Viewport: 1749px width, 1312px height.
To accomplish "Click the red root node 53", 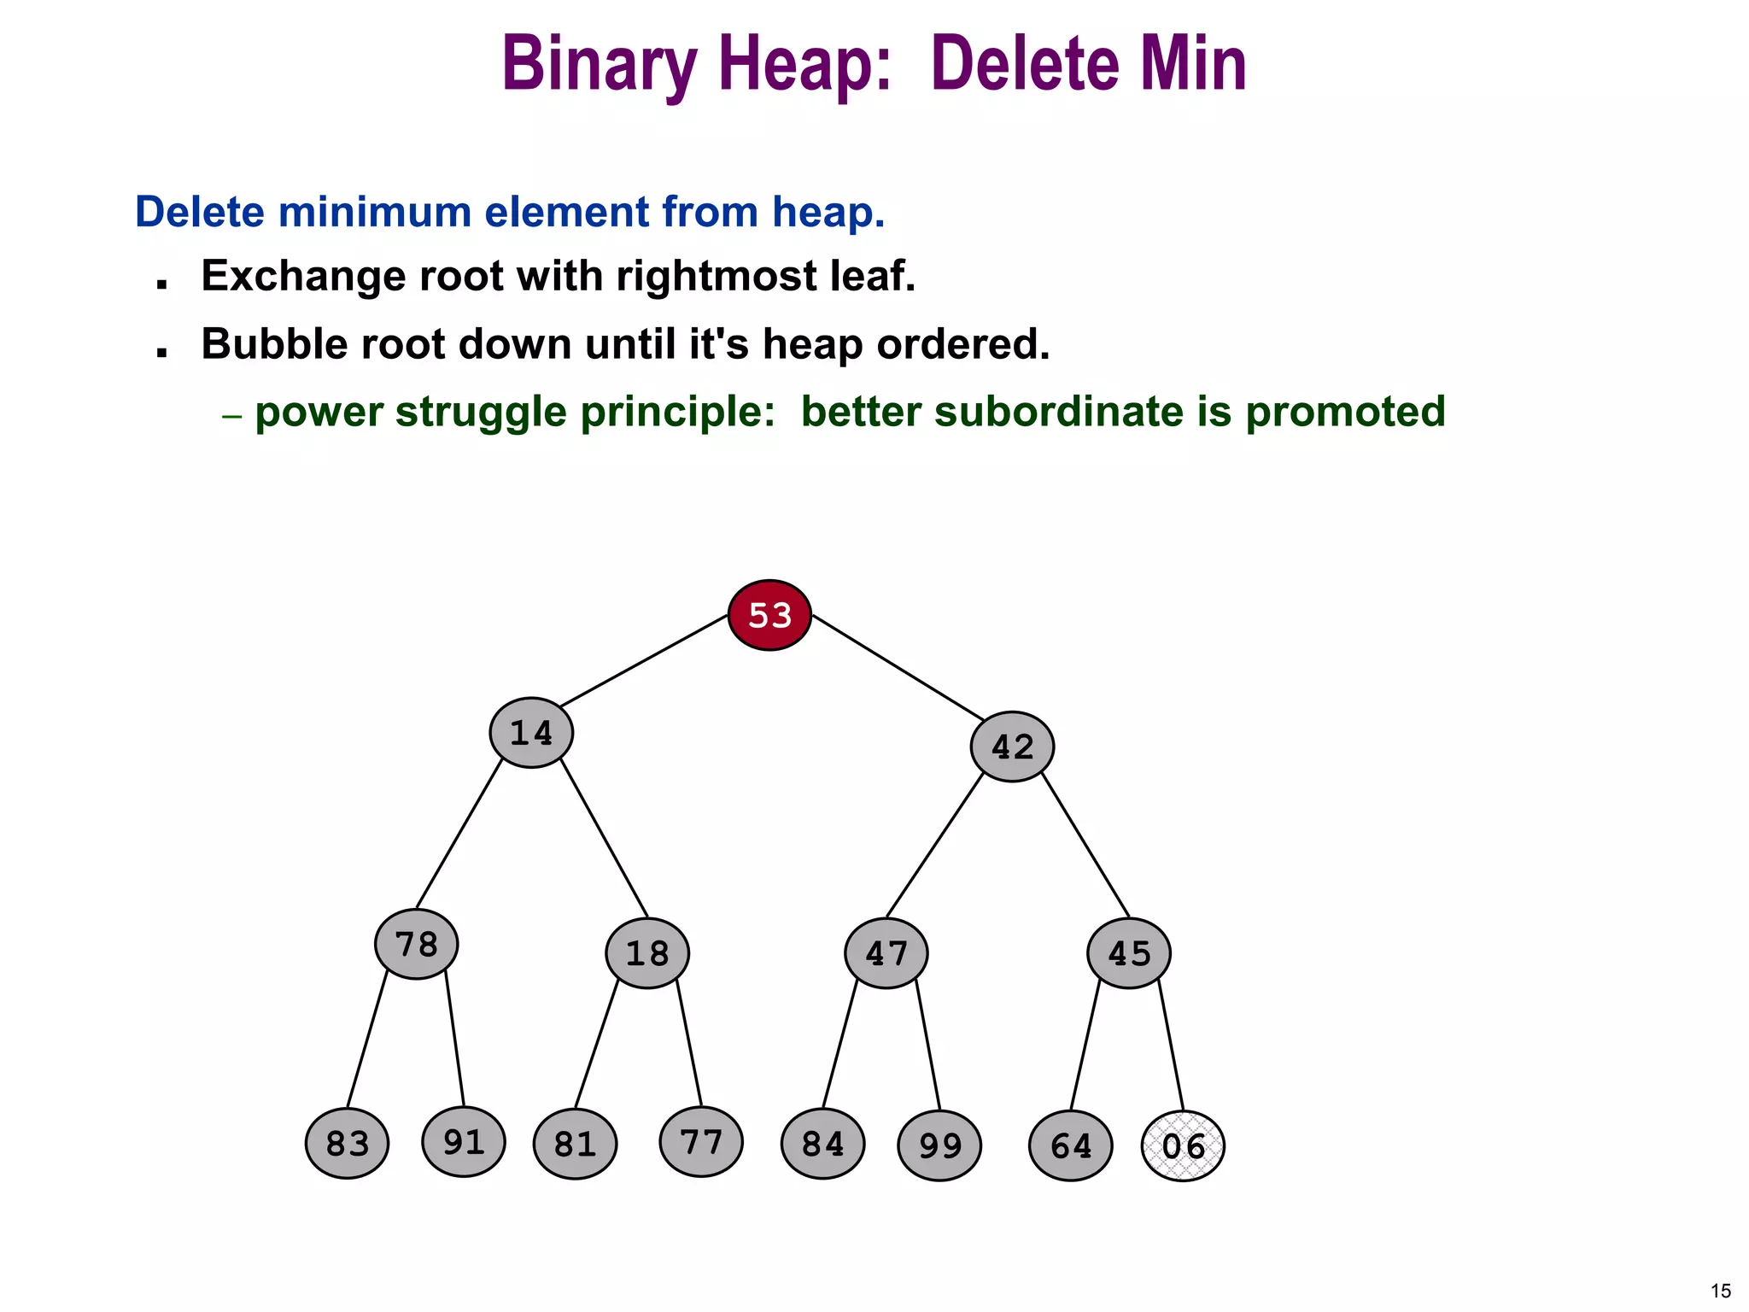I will point(769,615).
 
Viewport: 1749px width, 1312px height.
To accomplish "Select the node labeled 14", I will point(531,733).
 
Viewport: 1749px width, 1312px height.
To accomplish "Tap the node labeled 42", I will point(1012,747).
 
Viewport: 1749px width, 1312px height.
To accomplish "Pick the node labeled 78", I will point(417,944).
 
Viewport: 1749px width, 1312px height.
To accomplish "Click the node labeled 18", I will point(647,953).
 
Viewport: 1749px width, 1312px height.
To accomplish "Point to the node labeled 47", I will point(886,953).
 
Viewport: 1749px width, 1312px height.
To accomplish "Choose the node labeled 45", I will point(1129,953).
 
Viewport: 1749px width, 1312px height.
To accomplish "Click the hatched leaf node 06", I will point(1183,1145).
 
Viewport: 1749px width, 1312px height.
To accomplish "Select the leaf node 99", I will point(939,1145).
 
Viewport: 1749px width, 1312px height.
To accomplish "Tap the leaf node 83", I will point(348,1144).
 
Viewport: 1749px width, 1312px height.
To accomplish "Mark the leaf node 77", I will point(701,1141).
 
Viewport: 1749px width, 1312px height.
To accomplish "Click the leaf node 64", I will point(1071,1145).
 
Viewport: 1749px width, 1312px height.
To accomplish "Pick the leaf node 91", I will point(464,1141).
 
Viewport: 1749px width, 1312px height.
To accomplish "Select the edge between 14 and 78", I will point(459,833).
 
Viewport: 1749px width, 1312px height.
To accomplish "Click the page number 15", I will point(1721,1291).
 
